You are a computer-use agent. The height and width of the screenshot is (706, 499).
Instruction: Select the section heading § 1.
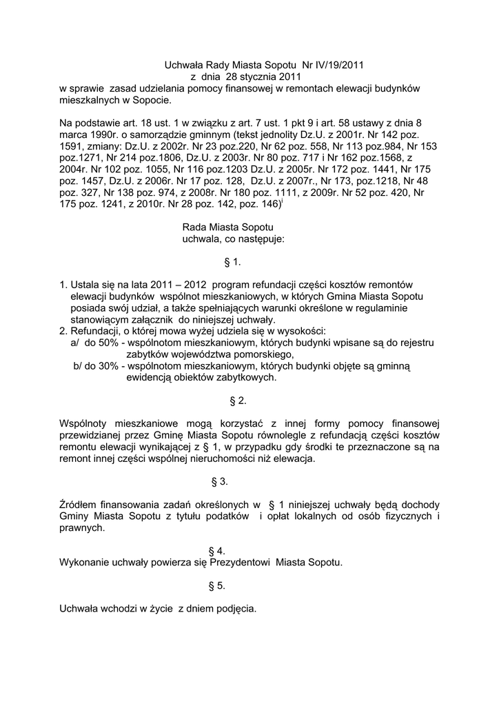pos(232,263)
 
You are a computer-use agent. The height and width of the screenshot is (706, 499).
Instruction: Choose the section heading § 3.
pos(219,481)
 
